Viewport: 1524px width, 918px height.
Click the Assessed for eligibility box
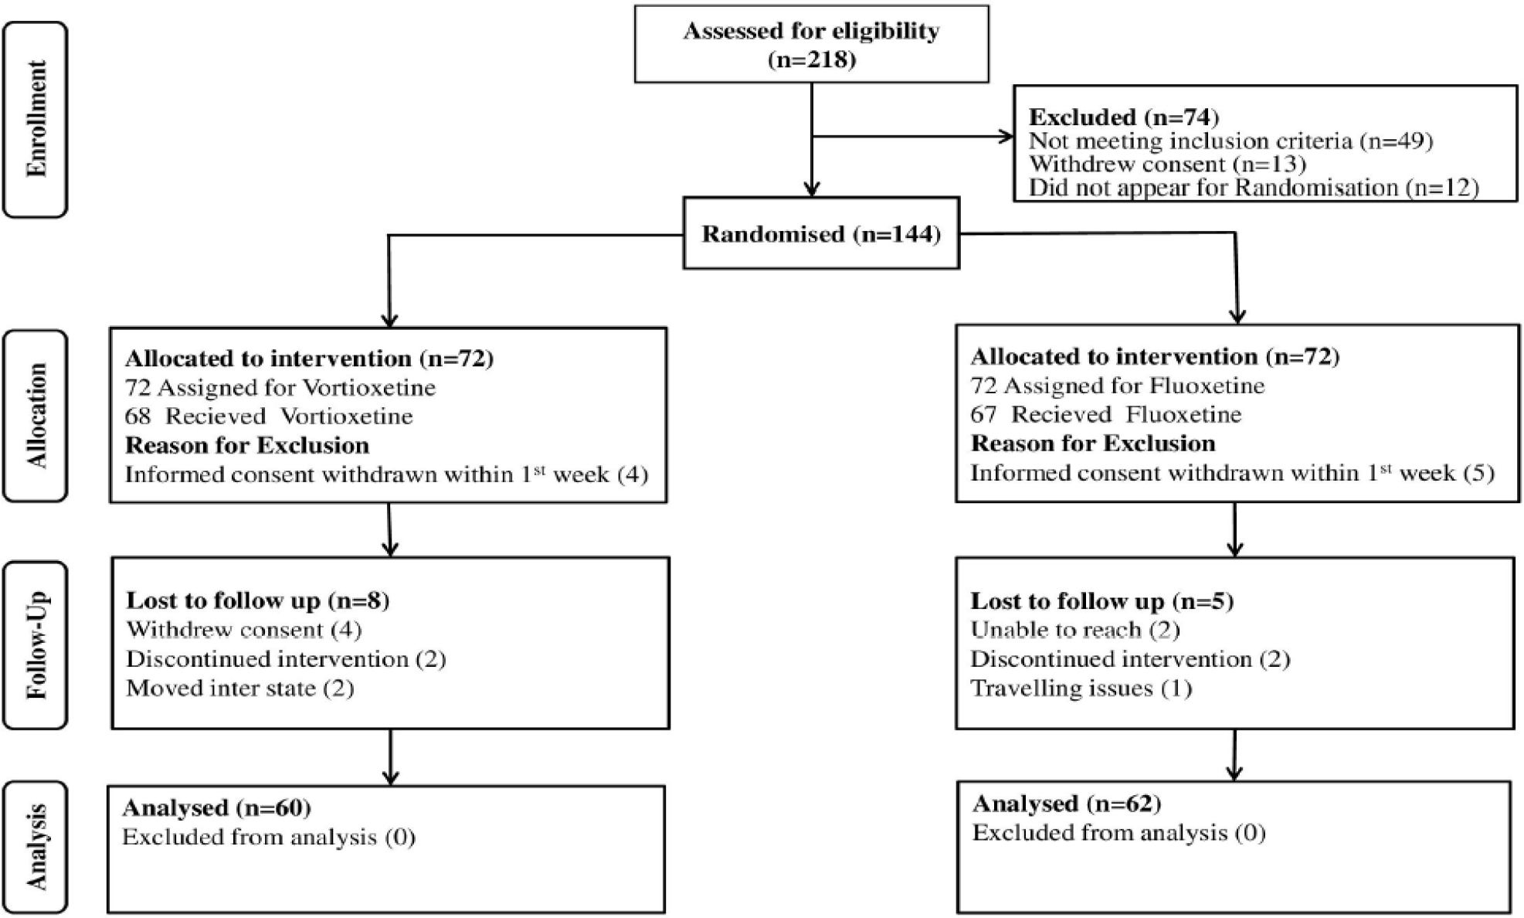811,44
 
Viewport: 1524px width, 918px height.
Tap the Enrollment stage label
36,119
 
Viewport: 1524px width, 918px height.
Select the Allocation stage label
36,416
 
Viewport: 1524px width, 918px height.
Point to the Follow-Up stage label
36,645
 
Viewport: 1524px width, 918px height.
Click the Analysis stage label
36,848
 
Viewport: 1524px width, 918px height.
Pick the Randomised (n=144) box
821,233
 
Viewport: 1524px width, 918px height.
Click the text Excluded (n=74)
1124,117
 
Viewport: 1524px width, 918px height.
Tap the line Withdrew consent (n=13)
1167,164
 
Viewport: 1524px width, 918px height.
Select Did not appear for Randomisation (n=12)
1254,188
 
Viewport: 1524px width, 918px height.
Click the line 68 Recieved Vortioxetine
269,416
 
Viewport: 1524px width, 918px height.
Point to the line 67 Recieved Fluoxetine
1106,414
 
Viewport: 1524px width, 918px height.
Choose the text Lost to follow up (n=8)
258,600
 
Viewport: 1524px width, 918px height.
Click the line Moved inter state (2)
240,688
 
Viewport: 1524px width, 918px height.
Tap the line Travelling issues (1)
1081,688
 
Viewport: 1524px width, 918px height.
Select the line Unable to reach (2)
1075,630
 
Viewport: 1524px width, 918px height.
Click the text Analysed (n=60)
216,807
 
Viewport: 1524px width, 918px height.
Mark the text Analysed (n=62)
1067,804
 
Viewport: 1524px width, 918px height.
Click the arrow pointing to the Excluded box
912,137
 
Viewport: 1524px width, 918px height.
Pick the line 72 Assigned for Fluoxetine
1118,385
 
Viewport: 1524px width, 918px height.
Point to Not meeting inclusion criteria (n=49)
1231,141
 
